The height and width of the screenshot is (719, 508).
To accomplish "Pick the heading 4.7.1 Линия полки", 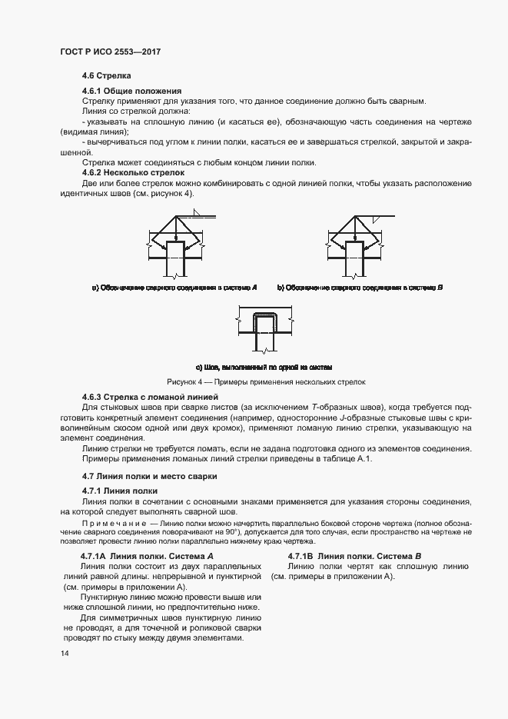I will tap(120, 491).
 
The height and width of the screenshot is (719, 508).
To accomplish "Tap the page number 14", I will tap(65, 653).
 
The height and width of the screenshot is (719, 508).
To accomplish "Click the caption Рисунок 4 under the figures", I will tap(266, 381).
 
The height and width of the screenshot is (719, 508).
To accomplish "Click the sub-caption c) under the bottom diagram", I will tap(264, 367).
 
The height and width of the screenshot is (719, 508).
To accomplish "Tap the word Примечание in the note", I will tap(108, 523).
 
